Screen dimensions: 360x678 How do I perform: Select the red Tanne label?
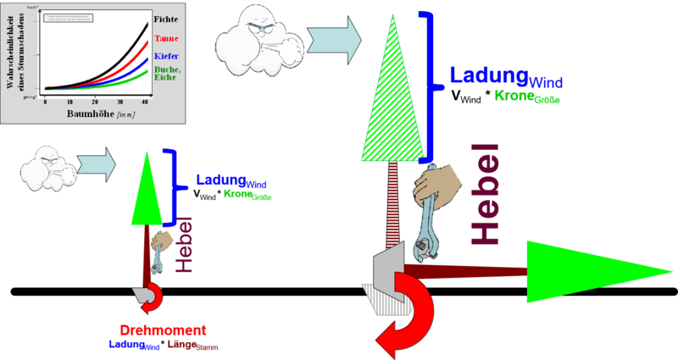pos(167,39)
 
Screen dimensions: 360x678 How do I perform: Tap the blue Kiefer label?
pos(167,56)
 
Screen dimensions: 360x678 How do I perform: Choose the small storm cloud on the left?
pos(47,163)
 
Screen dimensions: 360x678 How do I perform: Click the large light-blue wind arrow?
pos(334,37)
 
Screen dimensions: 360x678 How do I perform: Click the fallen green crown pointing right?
pos(593,272)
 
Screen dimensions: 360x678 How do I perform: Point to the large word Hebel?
pos(486,195)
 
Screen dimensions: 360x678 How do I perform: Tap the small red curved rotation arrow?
pos(152,297)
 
